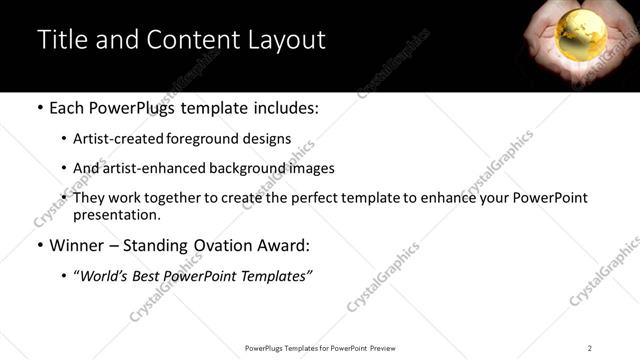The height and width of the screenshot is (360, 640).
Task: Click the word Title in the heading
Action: [61, 40]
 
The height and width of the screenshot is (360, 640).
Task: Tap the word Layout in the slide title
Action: [288, 40]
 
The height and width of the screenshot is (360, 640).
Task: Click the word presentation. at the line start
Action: [117, 215]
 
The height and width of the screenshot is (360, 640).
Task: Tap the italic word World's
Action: [103, 277]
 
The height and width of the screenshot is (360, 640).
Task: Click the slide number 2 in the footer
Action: [590, 348]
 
